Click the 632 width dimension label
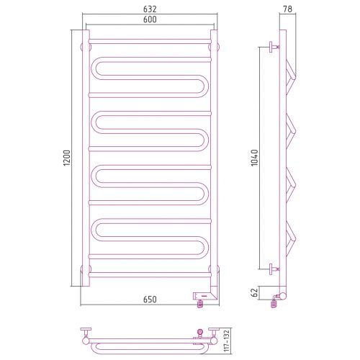(x=150, y=9)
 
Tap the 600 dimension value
(x=150, y=19)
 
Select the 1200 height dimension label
(x=67, y=158)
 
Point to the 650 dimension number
(x=150, y=300)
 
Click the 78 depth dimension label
(x=287, y=9)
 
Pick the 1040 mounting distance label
(x=254, y=158)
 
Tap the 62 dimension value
(x=255, y=292)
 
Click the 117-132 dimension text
(x=227, y=341)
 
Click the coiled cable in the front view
(x=199, y=304)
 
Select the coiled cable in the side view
(x=274, y=303)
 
